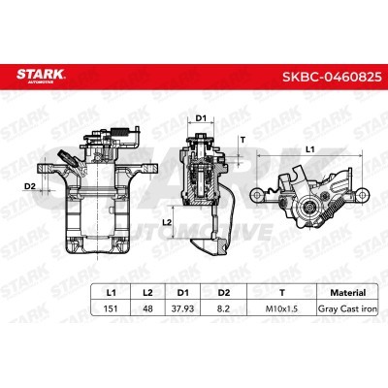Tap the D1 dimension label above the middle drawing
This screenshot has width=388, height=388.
tap(203, 117)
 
